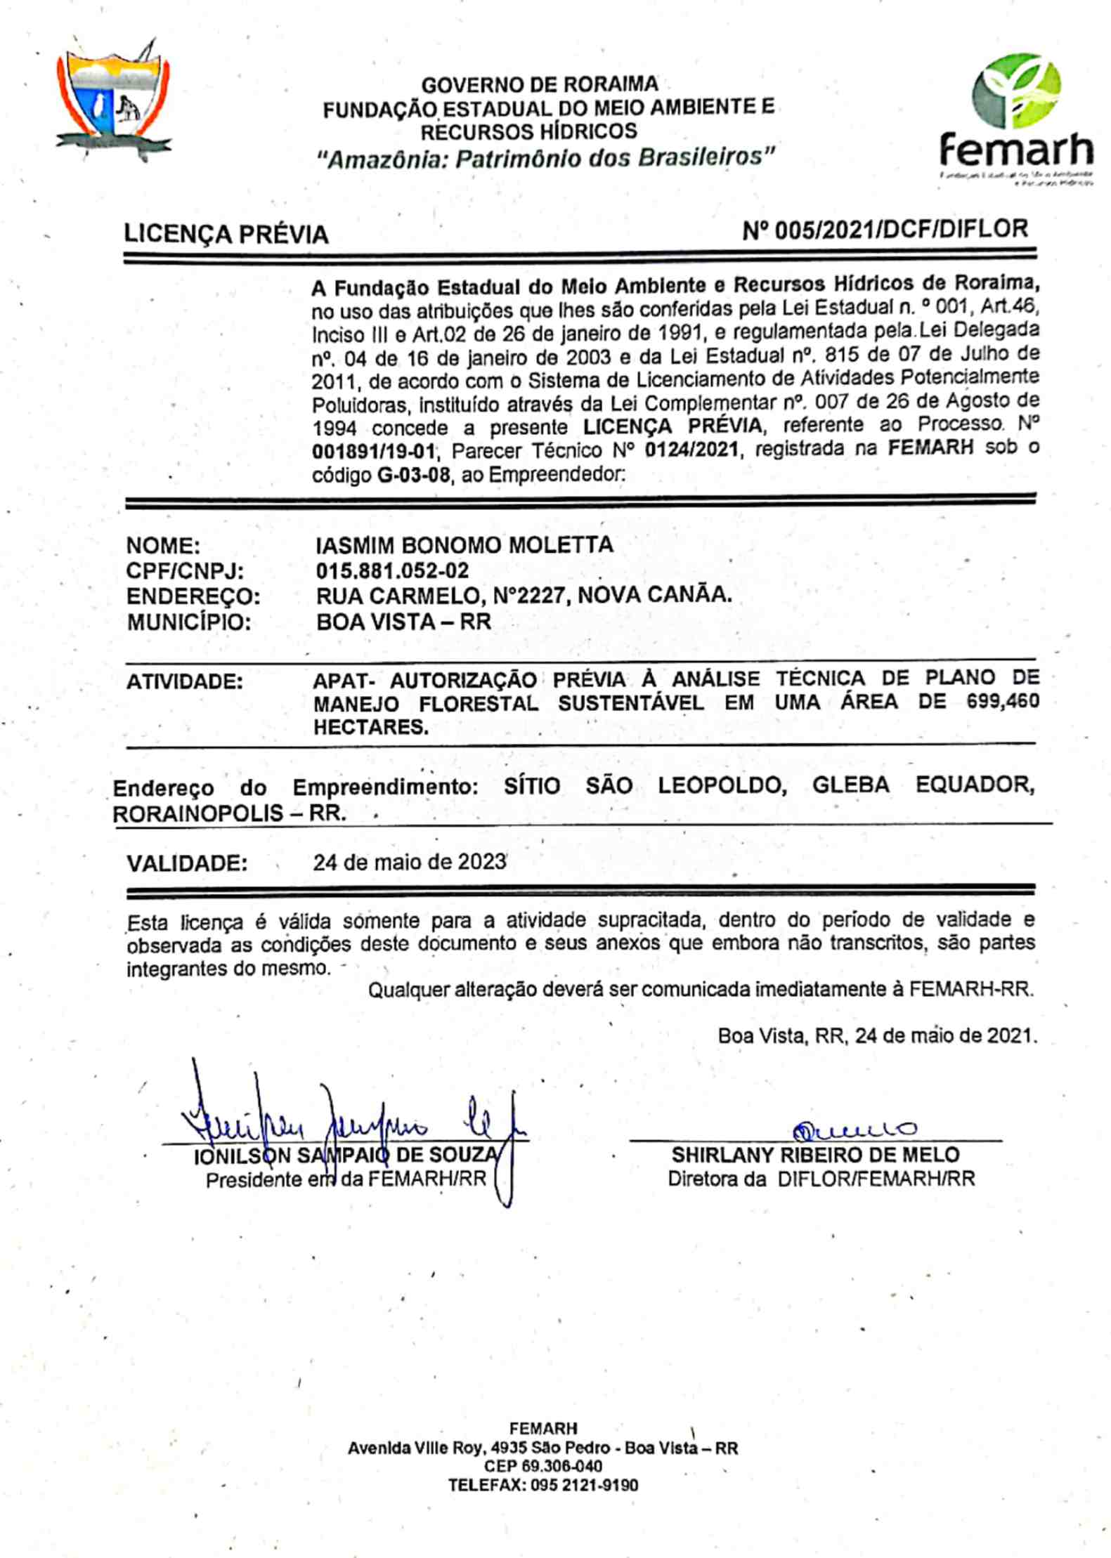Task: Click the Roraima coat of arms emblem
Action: pos(112,102)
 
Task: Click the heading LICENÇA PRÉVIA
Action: pos(226,234)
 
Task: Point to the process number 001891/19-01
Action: pos(373,450)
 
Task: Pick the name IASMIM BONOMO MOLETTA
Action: pos(464,545)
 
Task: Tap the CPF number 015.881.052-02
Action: pos(392,570)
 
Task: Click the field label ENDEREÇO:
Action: pos(193,596)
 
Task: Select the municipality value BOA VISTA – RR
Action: pos(403,622)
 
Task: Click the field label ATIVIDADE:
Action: pos(185,681)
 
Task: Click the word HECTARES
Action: pos(370,727)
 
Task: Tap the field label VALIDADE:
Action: pos(187,863)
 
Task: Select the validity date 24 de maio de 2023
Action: pos(410,861)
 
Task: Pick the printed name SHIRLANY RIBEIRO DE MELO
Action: pos(815,1155)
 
